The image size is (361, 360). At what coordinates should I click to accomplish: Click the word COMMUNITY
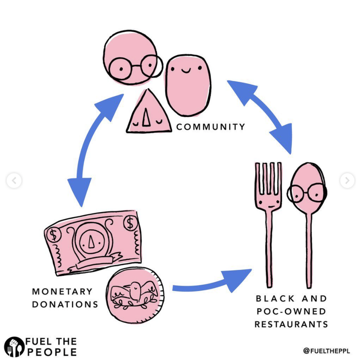[x=211, y=127]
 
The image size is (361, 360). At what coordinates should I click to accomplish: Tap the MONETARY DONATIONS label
[x=65, y=298]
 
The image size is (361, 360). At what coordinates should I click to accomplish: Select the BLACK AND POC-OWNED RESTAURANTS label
[x=291, y=311]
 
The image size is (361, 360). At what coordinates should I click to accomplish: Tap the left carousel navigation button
[x=14, y=181]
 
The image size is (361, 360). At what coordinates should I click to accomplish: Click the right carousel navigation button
[x=347, y=181]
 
